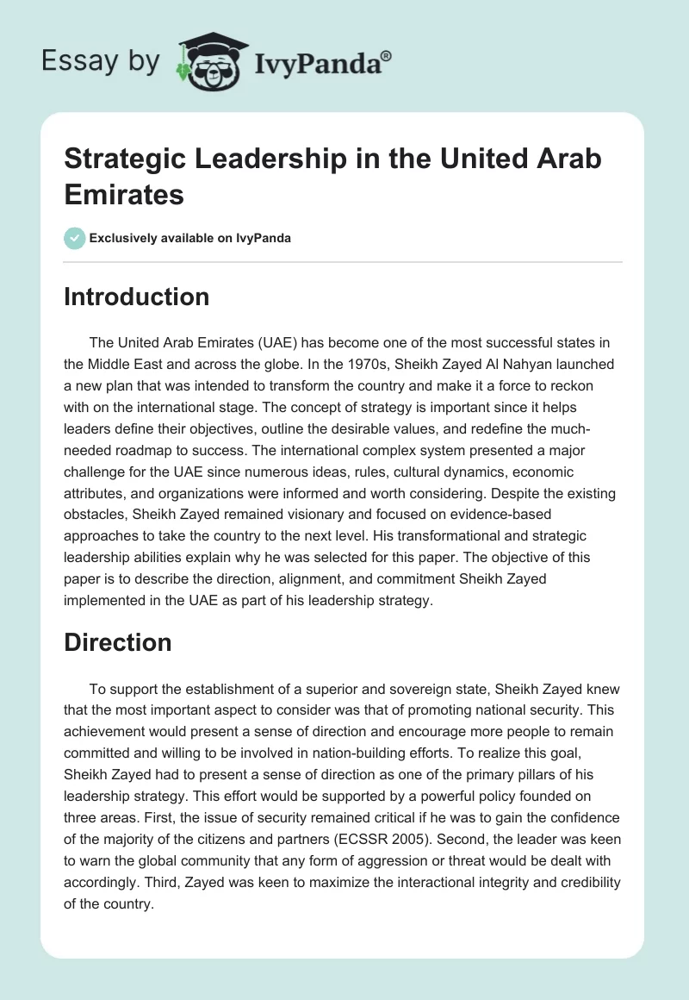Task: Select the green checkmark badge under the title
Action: (x=75, y=238)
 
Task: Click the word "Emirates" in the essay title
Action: (x=124, y=194)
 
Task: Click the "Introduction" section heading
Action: (x=137, y=297)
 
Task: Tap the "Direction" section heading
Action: (x=118, y=642)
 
